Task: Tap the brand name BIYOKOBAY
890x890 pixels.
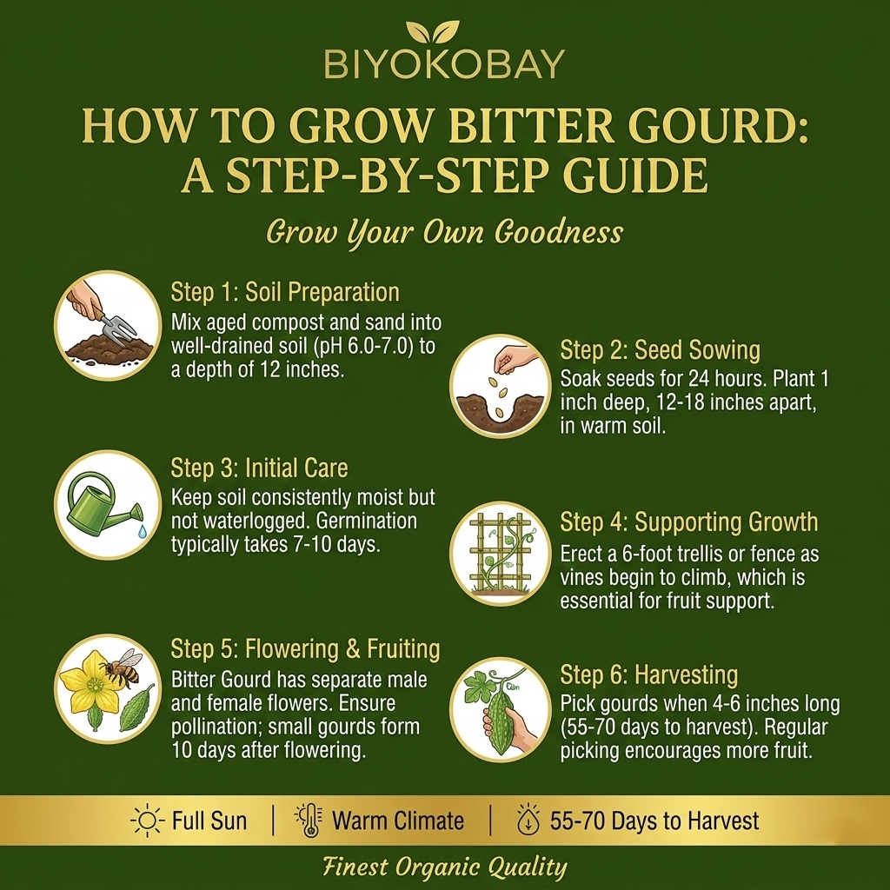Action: click(x=444, y=63)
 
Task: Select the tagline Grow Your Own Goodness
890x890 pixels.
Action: click(x=444, y=233)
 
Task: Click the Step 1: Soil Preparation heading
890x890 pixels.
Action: click(x=285, y=292)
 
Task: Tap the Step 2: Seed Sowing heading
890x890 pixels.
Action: click(x=661, y=349)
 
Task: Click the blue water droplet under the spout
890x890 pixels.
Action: click(x=142, y=531)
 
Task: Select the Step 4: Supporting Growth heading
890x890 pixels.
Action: click(x=689, y=522)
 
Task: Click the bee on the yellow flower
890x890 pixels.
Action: click(x=122, y=667)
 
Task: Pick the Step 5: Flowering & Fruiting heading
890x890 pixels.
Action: click(x=305, y=649)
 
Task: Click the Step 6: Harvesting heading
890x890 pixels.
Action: click(x=648, y=674)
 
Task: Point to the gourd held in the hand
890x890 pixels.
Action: click(x=500, y=717)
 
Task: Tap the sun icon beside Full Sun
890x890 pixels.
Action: click(x=147, y=820)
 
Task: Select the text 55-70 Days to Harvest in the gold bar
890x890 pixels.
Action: click(x=654, y=820)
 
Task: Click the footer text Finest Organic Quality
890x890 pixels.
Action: click(x=445, y=867)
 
